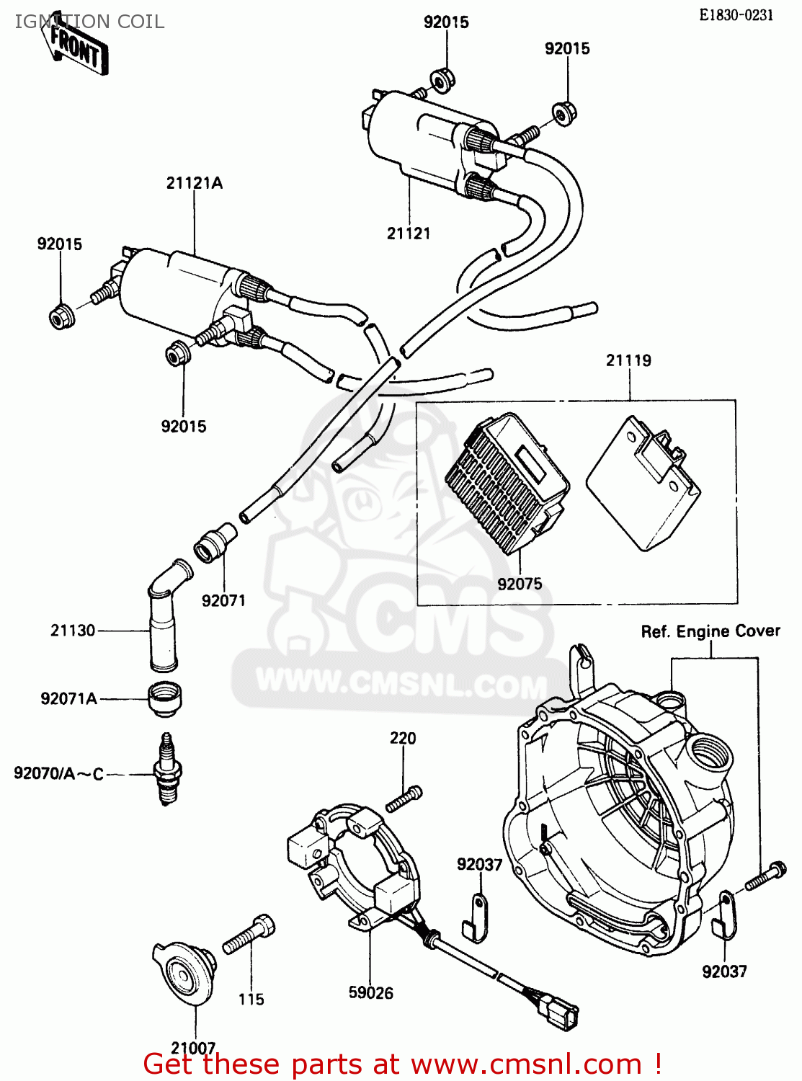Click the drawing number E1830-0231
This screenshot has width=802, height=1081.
tap(736, 14)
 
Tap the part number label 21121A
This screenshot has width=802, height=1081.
tap(195, 183)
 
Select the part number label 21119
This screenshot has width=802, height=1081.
tap(628, 360)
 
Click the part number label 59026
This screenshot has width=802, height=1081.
tap(370, 993)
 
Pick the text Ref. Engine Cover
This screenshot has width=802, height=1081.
tap(710, 631)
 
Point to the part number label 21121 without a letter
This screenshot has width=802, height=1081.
tap(409, 233)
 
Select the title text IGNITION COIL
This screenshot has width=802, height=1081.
tap(89, 22)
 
